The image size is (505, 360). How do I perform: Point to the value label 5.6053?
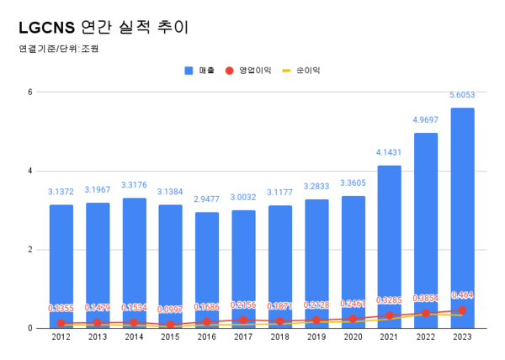[x=462, y=96]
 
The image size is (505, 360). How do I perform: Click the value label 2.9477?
[x=207, y=200]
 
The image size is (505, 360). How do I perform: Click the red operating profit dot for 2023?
[x=462, y=310]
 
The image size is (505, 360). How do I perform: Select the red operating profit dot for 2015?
[x=170, y=325]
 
